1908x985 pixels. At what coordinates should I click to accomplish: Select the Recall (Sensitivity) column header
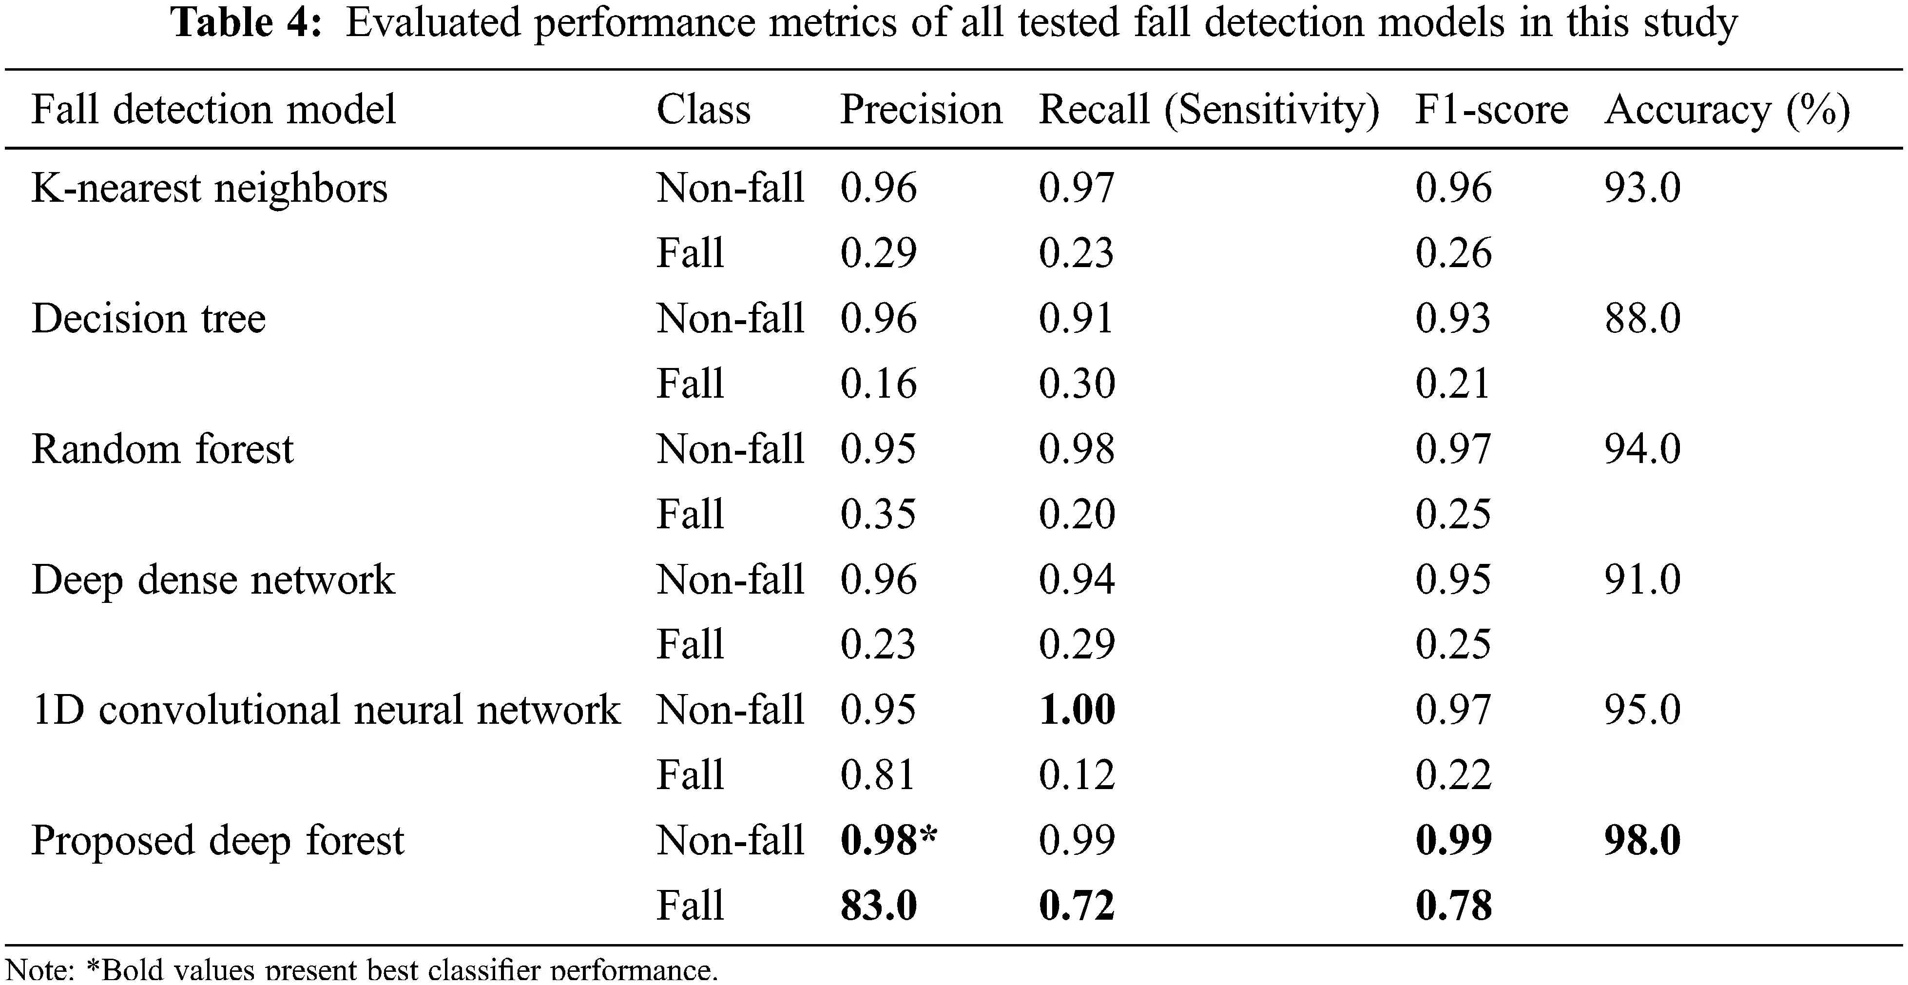1209,110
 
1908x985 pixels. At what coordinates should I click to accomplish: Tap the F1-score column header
1491,110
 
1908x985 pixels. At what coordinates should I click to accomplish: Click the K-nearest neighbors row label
210,188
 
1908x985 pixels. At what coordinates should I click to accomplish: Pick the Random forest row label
162,449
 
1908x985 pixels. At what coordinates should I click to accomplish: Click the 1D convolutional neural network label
326,710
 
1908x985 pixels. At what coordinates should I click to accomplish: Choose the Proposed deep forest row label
218,841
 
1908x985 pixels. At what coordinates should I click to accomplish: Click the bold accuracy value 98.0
1642,841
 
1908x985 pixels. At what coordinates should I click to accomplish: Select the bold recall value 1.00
1077,710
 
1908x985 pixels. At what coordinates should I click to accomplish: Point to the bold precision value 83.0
878,906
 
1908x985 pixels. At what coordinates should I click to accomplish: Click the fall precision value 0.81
878,775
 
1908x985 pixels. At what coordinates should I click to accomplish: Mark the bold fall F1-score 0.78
1453,906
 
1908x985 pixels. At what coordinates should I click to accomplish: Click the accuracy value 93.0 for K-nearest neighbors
1642,188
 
